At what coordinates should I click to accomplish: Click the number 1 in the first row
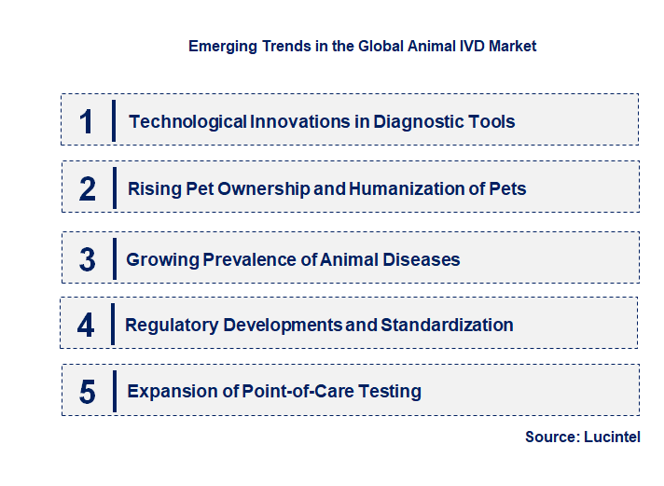click(x=87, y=121)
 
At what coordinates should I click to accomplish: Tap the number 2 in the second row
click(x=87, y=188)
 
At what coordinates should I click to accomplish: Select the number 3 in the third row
click(x=87, y=259)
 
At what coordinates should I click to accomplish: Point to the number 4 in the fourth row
click(x=87, y=326)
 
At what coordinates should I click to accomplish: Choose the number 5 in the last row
click(x=87, y=392)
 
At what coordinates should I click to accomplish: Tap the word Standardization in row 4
click(x=447, y=326)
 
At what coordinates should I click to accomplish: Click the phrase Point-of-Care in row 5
click(x=291, y=392)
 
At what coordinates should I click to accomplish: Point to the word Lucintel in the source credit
click(x=612, y=437)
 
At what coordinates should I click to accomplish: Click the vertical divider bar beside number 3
click(x=113, y=257)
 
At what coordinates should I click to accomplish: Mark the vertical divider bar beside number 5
click(x=113, y=390)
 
